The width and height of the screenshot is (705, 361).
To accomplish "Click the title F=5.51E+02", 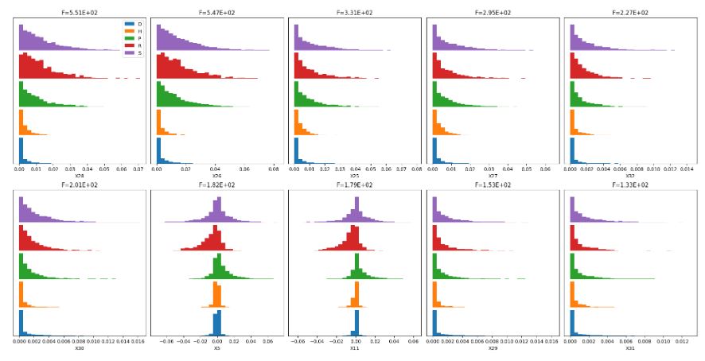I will click(80, 13).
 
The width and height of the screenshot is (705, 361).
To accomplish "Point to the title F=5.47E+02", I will click(216, 13).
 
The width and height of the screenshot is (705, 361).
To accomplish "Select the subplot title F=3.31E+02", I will click(354, 13).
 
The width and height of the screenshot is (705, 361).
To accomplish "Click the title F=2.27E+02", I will click(629, 13).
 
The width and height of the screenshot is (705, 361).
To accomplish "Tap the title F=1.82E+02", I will click(216, 185).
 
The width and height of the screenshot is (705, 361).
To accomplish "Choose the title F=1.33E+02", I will click(629, 185).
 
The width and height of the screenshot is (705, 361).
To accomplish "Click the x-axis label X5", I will click(216, 348).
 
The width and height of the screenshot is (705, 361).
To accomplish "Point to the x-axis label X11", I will click(355, 348).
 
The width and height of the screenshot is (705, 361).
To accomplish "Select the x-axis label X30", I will click(80, 348).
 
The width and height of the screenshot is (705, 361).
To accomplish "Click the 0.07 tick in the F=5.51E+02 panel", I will click(137, 169).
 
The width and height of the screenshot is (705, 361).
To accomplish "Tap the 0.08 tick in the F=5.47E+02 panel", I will click(274, 169).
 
